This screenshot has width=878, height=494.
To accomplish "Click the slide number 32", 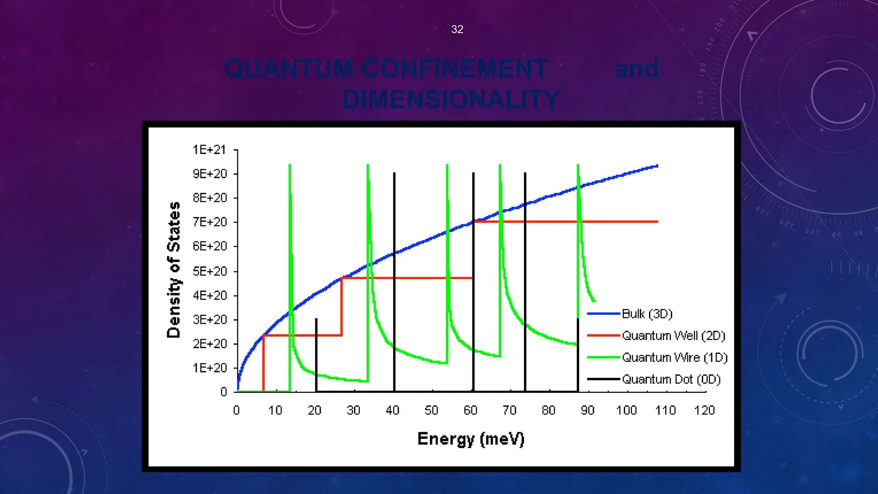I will [457, 29].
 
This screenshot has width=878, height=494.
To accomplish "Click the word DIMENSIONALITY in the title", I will [451, 99].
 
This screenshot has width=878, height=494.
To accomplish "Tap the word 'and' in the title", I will [636, 69].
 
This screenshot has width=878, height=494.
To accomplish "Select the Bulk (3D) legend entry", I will [646, 314].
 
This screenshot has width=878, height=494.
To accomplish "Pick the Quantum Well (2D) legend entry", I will [673, 336].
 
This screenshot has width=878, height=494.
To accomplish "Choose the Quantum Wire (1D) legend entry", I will [674, 358].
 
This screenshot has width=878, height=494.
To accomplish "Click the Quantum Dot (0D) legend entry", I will [671, 380].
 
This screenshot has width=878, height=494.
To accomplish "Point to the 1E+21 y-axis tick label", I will [209, 150].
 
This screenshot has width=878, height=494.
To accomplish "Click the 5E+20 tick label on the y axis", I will [209, 271].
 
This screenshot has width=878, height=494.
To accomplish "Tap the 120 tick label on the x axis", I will [704, 410].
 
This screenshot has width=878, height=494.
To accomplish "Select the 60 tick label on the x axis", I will [470, 410].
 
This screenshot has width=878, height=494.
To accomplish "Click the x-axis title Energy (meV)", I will [471, 439].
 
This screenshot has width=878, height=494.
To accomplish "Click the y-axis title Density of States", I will [174, 270].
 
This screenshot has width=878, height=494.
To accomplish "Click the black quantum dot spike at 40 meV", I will [394, 279].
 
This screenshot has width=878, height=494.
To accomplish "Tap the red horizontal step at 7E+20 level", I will [566, 222].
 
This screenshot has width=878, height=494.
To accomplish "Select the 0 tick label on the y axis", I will [223, 392].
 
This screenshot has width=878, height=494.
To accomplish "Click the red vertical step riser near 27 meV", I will [342, 307].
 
